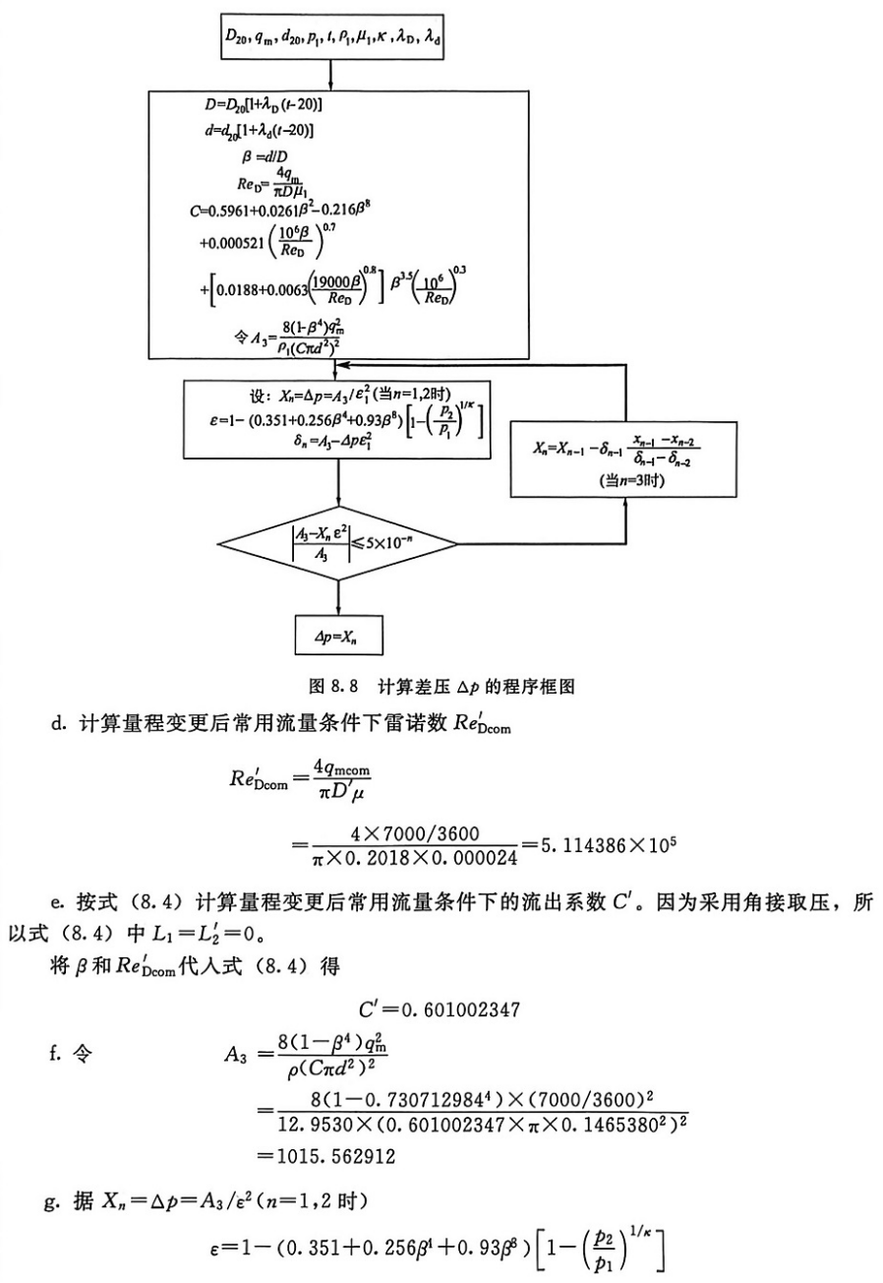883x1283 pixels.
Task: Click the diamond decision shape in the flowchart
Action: click(337, 543)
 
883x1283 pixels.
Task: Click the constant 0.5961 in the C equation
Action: click(239, 209)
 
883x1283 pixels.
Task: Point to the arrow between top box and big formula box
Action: click(331, 75)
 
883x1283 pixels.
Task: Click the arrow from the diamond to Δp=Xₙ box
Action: click(338, 596)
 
